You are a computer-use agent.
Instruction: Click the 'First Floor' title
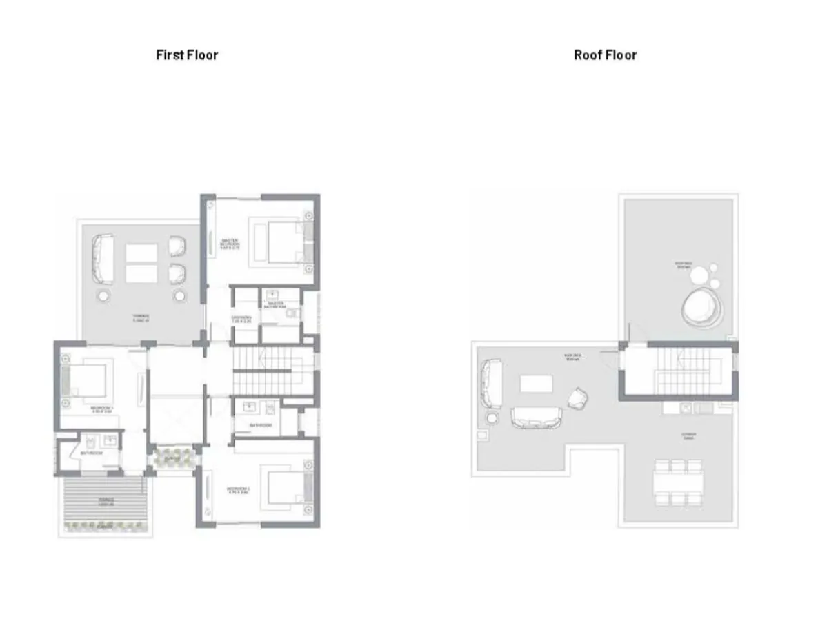(187, 55)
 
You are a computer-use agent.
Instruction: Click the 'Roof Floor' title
(605, 55)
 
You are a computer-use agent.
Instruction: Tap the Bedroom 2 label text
(238, 491)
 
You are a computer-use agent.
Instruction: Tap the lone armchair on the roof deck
(577, 397)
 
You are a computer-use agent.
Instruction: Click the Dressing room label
(241, 319)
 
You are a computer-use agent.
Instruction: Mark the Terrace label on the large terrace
(141, 318)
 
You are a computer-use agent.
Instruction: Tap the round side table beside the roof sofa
(492, 418)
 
